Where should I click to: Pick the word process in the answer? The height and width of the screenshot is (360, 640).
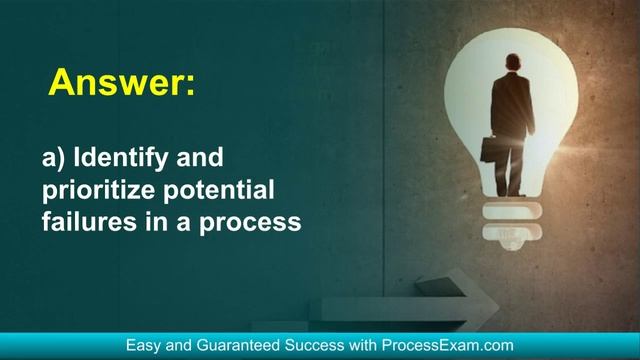click(x=251, y=221)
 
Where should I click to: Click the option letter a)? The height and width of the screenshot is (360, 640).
click(x=55, y=158)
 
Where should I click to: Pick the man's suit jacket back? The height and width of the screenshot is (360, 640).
click(x=512, y=105)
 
